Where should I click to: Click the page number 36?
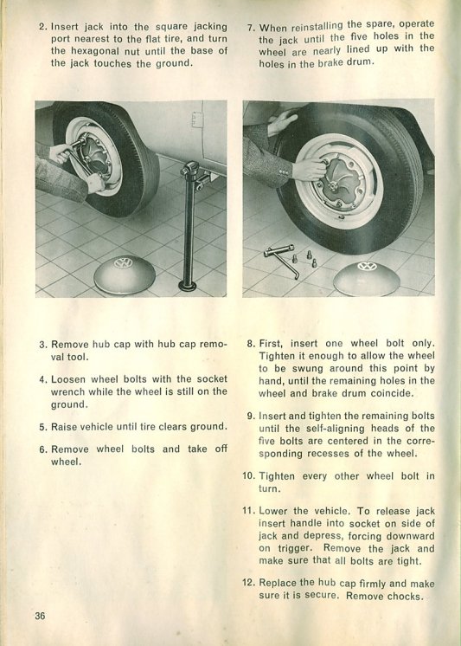[x=40, y=616]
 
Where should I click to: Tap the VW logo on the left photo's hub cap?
[x=123, y=263]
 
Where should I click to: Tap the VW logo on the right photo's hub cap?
[x=367, y=266]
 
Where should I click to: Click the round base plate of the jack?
[x=188, y=285]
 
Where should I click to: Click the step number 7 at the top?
[x=251, y=29]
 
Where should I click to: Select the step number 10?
[x=248, y=476]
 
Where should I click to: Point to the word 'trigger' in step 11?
[x=295, y=548]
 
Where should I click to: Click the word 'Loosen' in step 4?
[x=68, y=379]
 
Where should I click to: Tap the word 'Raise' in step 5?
[x=64, y=427]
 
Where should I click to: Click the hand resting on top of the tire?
[x=282, y=122]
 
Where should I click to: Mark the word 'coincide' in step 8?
[x=391, y=393]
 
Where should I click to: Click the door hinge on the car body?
[x=196, y=120]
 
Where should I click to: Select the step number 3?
[x=43, y=345]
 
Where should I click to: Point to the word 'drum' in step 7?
[x=361, y=62]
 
